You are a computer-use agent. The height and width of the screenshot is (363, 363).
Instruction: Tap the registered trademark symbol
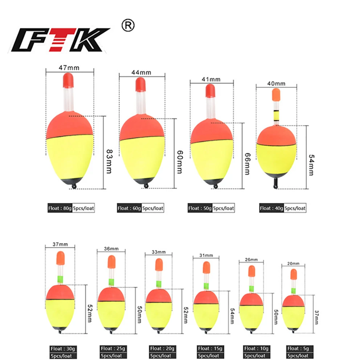[x=129, y=26]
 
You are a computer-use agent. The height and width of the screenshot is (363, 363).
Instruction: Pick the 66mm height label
[x=247, y=163]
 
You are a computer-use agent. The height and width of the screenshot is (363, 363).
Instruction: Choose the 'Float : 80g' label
[x=59, y=208]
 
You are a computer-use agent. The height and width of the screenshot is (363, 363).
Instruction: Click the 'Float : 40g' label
[x=271, y=208]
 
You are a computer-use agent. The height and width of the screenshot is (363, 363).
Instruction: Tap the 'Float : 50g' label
[x=200, y=208]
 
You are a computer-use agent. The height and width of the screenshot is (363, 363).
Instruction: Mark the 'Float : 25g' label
[x=111, y=348]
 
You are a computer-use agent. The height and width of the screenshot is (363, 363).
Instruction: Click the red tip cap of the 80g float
[x=68, y=79]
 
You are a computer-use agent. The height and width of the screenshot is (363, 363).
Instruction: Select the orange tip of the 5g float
[x=293, y=274]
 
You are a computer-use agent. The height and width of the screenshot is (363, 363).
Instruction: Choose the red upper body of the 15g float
[x=205, y=298]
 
